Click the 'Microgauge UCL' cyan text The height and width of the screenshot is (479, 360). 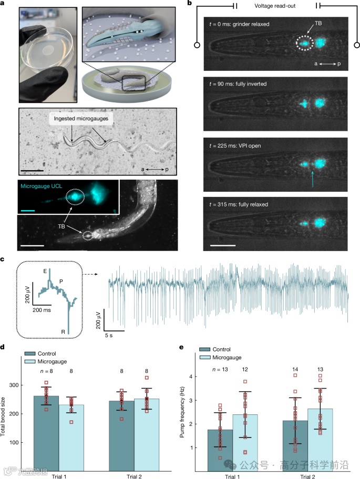(43, 187)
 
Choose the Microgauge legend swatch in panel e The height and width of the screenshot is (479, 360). (209, 357)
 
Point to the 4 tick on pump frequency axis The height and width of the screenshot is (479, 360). (191, 377)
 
